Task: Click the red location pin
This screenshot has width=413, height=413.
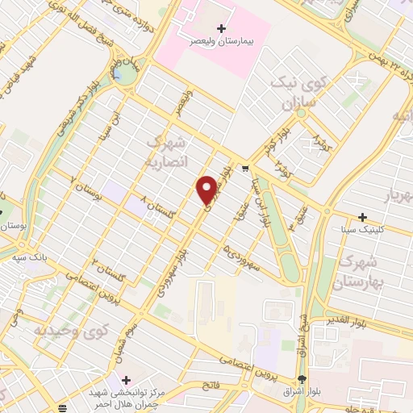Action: (x=207, y=189)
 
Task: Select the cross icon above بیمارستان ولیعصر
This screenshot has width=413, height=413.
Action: (x=222, y=28)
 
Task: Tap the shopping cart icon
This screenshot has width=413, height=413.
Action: (x=244, y=169)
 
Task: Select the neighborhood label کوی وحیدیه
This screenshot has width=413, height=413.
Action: (x=69, y=330)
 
